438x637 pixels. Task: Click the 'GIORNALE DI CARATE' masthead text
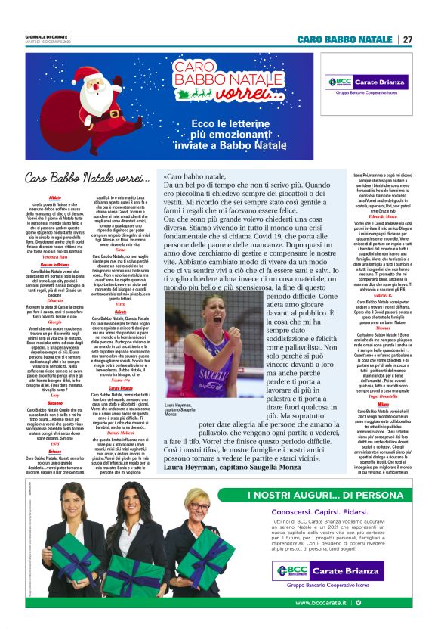(x=45, y=36)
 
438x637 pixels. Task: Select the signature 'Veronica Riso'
(x=54, y=258)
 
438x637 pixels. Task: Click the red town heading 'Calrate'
(x=121, y=312)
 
